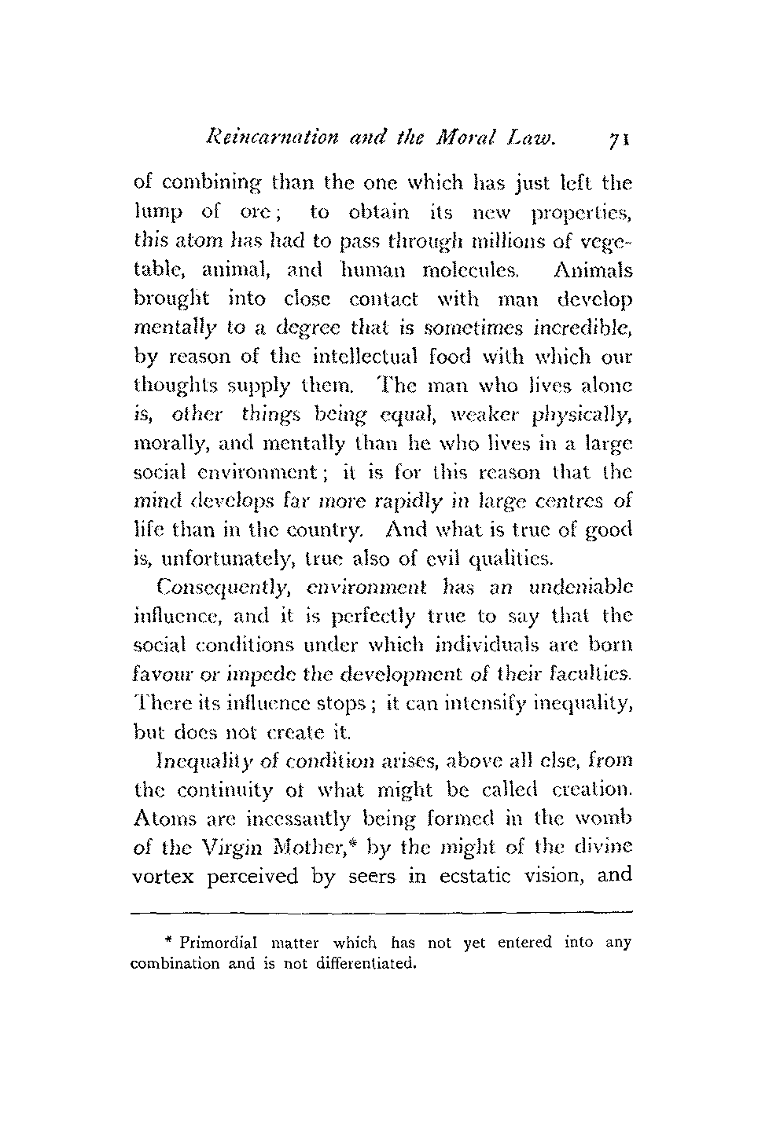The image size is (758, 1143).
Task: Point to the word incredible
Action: pos(583,329)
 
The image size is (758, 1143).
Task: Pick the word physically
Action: pos(589,415)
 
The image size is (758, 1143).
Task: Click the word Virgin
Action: pos(226,847)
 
